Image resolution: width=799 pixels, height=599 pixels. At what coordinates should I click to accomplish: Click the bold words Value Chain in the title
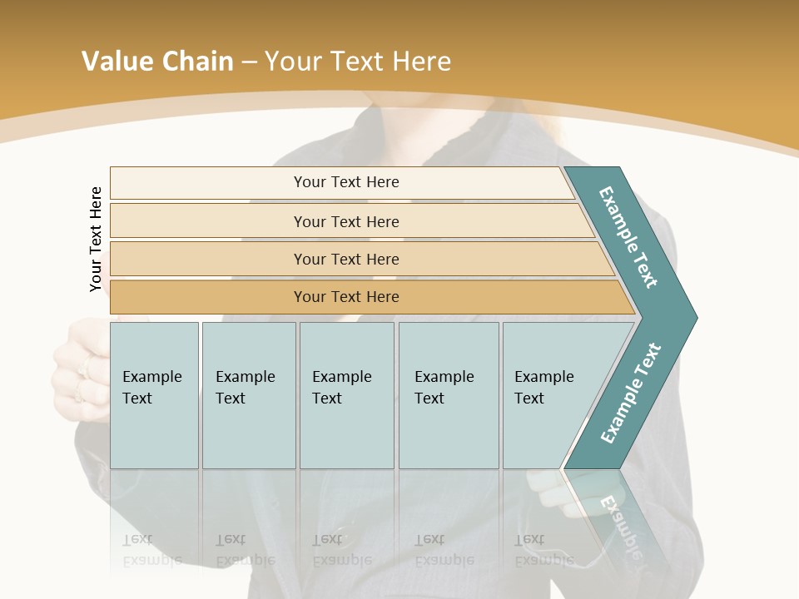[x=157, y=61]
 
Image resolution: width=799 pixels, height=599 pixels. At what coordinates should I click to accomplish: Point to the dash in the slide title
[x=248, y=62]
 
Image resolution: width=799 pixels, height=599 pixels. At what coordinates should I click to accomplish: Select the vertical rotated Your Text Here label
[x=96, y=239]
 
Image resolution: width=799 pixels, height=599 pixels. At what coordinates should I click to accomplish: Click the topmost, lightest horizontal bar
[x=346, y=182]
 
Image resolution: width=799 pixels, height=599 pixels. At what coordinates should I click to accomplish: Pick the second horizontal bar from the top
[x=346, y=221]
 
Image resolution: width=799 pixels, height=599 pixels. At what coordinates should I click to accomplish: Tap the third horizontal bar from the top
[x=346, y=259]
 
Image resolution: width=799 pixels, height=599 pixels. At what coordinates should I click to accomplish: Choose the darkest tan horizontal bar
[x=346, y=297]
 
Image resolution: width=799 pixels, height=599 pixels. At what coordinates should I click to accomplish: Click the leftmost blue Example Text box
[x=154, y=395]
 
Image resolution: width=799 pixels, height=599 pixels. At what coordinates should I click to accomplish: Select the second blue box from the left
[x=248, y=395]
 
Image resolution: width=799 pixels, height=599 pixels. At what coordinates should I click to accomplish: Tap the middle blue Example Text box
[x=346, y=395]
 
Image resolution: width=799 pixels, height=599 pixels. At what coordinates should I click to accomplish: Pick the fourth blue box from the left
[x=448, y=395]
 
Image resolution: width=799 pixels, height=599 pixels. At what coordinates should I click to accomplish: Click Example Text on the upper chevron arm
[x=629, y=237]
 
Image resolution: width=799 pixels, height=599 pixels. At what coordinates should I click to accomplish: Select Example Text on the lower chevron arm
[x=631, y=393]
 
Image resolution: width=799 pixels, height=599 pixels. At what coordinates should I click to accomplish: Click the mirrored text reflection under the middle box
[x=341, y=550]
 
